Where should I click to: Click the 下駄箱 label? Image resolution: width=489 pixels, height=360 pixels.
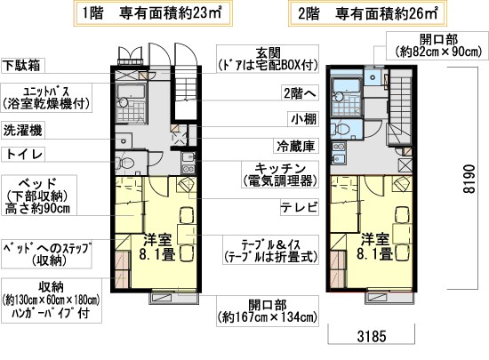tap(24, 65)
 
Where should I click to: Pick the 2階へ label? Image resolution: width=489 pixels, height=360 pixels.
tap(297, 92)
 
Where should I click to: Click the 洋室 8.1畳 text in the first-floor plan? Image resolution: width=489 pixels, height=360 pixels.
tap(162, 246)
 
